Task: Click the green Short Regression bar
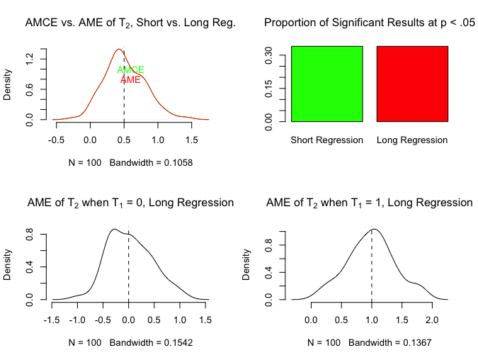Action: tap(326, 84)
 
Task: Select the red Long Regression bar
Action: tap(412, 84)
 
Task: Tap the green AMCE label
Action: tap(130, 70)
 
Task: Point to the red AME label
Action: tap(130, 80)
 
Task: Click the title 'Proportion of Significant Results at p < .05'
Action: tap(369, 23)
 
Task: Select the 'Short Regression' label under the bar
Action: tap(326, 140)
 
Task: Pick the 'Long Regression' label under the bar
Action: tap(412, 140)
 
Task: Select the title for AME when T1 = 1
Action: tap(369, 203)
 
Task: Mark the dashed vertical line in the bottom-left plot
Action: tap(128, 269)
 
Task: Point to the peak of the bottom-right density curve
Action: tap(375, 228)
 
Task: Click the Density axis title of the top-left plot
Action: tap(8, 84)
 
